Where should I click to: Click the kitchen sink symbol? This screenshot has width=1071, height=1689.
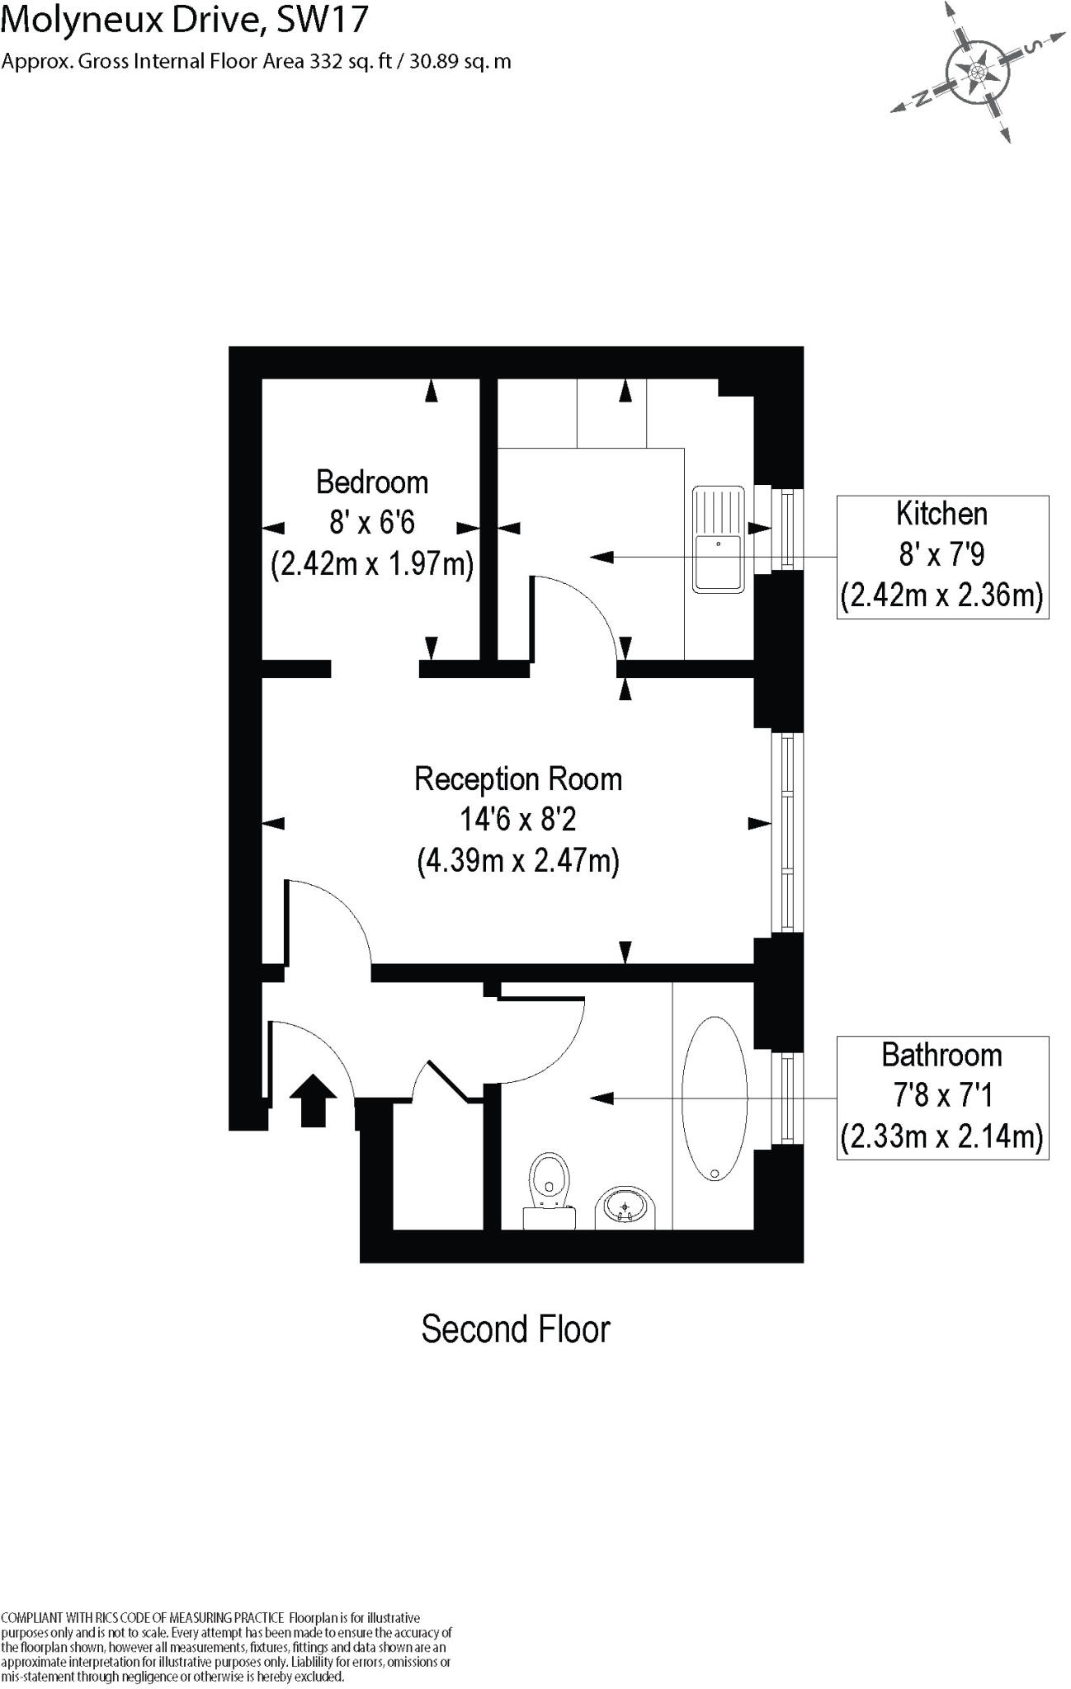point(719,539)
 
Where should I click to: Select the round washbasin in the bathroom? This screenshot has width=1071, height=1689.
point(625,1209)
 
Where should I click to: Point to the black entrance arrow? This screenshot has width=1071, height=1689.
point(314,1099)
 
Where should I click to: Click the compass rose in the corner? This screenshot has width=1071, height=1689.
point(976,73)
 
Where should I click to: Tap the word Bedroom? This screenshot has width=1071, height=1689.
point(372,482)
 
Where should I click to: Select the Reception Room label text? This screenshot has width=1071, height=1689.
point(518,779)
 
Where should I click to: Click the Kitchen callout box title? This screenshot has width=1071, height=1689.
point(941,514)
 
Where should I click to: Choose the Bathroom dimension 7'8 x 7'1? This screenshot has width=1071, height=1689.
point(941,1095)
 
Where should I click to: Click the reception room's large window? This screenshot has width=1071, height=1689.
point(787,832)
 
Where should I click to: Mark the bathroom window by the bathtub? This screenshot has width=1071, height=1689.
point(787,1098)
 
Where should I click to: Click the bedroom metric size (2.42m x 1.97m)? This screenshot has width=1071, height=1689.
point(372,565)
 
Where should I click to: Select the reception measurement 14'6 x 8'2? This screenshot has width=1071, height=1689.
point(518,820)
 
